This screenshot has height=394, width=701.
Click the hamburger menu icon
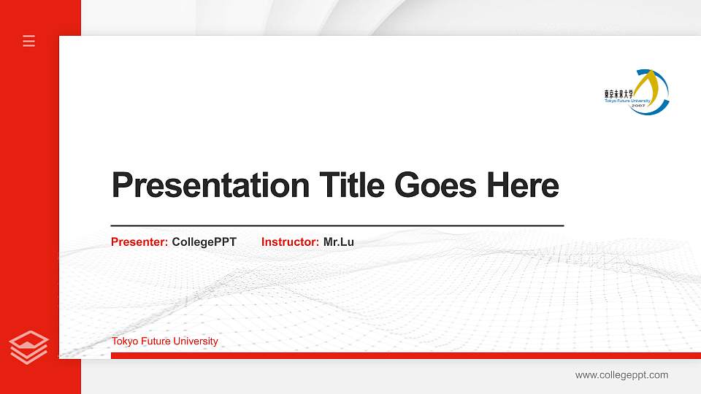coord(29,41)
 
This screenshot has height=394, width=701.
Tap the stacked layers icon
coord(29,347)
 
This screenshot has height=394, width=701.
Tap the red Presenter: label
coord(139,242)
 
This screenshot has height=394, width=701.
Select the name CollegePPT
coord(204,242)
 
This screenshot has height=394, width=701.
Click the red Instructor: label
coord(290,242)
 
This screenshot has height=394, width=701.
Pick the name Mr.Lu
coord(339,242)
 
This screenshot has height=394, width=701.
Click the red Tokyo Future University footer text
coord(164,341)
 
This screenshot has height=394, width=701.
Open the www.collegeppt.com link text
coord(621,375)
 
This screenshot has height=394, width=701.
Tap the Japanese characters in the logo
coord(620,94)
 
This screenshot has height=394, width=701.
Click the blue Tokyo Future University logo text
coord(627,101)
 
